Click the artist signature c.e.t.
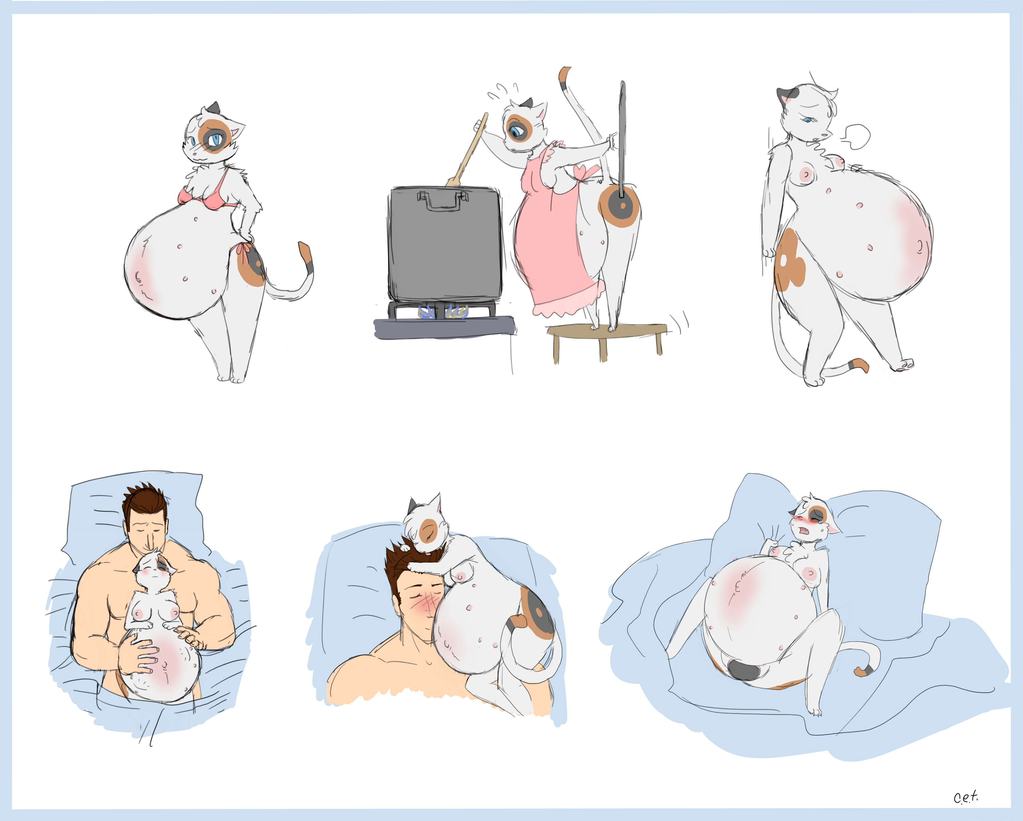966,796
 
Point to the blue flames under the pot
443,312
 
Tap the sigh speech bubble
857,136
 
